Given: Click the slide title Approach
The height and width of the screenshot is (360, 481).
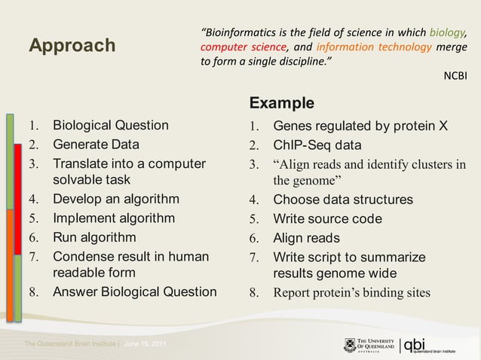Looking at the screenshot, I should click(x=72, y=47).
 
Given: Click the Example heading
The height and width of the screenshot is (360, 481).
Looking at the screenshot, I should click(x=281, y=102).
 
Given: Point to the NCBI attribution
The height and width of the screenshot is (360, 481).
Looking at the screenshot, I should click(x=455, y=76).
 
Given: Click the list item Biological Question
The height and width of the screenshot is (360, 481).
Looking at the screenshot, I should click(x=110, y=125).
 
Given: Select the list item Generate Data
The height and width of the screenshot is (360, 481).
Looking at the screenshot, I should click(x=95, y=144).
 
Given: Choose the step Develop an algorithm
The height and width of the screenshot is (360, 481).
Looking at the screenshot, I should click(x=115, y=200).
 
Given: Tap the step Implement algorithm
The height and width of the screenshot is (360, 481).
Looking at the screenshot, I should click(x=113, y=218).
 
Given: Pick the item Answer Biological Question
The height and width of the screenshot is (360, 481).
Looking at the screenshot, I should click(x=134, y=292).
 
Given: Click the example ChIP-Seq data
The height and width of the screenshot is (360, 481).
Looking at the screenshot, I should click(x=317, y=145).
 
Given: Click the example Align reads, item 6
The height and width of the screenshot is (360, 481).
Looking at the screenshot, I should click(x=306, y=238).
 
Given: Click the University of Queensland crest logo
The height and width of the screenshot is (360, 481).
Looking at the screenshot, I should click(x=349, y=345).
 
